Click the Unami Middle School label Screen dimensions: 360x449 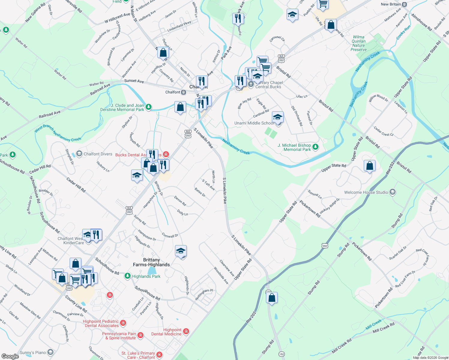click(x=254, y=123)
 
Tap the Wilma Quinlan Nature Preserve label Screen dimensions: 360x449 click(x=359, y=43)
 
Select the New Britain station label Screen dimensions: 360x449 click(x=391, y=4)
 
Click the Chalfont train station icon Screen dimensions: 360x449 click(x=183, y=92)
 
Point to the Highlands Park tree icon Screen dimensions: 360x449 click(x=128, y=276)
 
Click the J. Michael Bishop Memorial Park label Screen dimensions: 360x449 click(x=294, y=147)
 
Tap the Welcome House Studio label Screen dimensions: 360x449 click(x=366, y=192)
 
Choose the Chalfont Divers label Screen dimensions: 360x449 click(x=98, y=154)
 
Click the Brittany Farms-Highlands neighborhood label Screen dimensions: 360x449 click(x=151, y=262)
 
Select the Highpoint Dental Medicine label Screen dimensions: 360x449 click(x=166, y=332)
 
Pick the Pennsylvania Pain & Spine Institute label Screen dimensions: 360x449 click(x=119, y=336)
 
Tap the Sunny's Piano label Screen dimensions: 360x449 click(x=33, y=352)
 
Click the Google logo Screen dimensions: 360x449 click(x=10, y=356)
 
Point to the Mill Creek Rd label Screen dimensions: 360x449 click(x=383, y=327)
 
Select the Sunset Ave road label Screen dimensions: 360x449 click(x=134, y=81)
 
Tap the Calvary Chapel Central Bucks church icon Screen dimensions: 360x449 click(x=251, y=84)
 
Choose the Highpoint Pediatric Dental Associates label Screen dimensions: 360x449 click(x=102, y=323)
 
